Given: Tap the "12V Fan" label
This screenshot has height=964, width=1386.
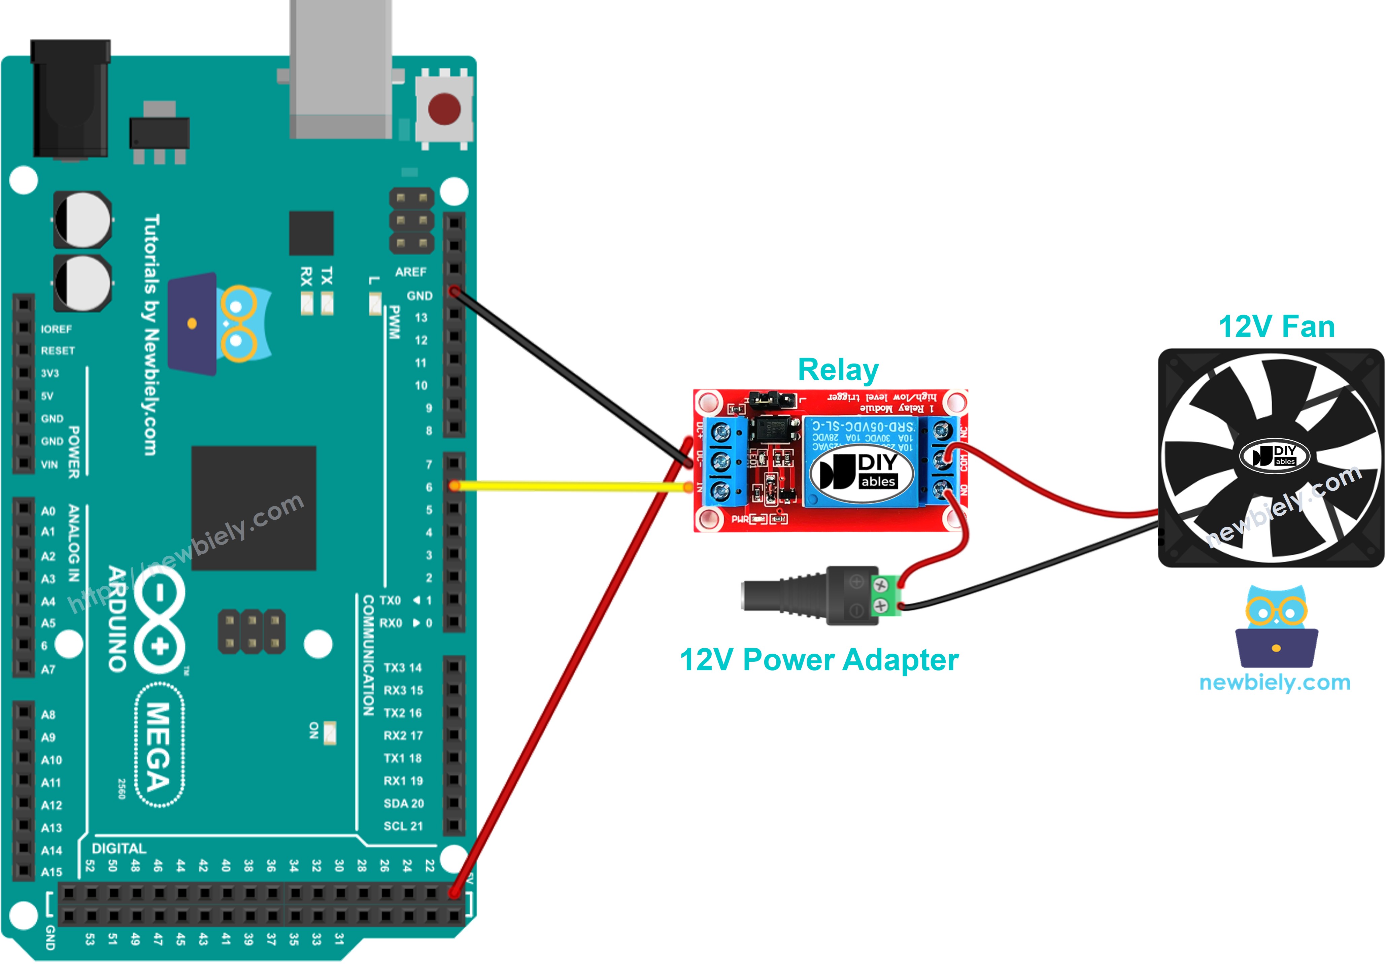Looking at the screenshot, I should (x=1276, y=326).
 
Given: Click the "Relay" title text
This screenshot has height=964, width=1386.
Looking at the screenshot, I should (x=838, y=370).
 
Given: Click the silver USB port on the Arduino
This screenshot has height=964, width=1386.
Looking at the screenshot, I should (x=340, y=69).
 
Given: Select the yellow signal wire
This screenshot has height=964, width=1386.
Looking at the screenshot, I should (x=568, y=485).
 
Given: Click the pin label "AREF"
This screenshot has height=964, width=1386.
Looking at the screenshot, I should (x=410, y=272).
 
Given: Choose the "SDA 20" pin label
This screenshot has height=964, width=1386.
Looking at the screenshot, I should (x=403, y=803).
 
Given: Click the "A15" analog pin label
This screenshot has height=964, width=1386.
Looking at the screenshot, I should (x=51, y=872).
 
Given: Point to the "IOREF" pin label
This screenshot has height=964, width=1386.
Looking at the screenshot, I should (x=56, y=329).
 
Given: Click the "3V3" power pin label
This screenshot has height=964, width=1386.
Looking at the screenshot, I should (x=50, y=374).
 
